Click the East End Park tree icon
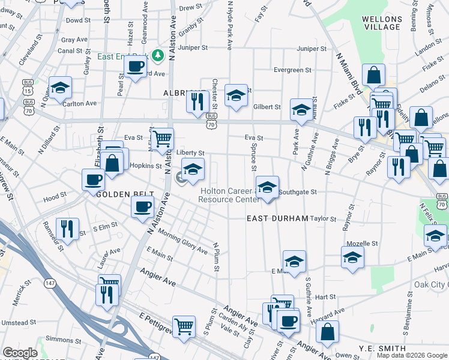(x=158, y=56)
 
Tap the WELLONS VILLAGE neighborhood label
(x=382, y=23)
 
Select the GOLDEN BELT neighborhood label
(x=118, y=194)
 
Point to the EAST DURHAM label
(x=277, y=218)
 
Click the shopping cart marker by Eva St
(x=162, y=139)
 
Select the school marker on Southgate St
(x=267, y=187)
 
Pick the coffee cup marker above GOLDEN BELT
(x=94, y=179)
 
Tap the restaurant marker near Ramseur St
(x=67, y=228)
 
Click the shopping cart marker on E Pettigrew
(x=184, y=326)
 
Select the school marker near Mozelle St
(x=352, y=257)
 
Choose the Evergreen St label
(x=292, y=70)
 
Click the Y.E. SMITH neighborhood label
(x=382, y=349)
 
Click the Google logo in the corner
(x=20, y=353)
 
